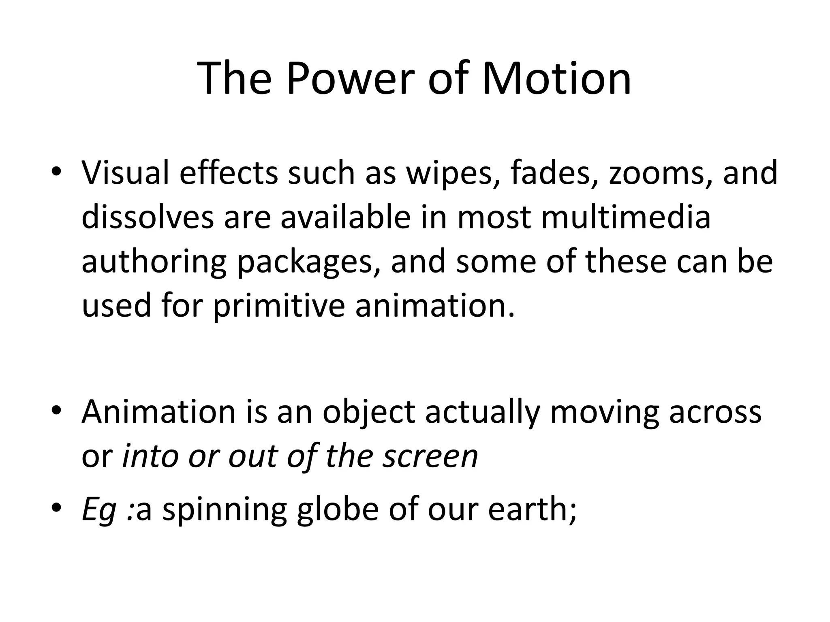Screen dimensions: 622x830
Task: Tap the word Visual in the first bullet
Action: click(125, 173)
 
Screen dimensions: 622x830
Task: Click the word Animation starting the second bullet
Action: click(158, 412)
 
